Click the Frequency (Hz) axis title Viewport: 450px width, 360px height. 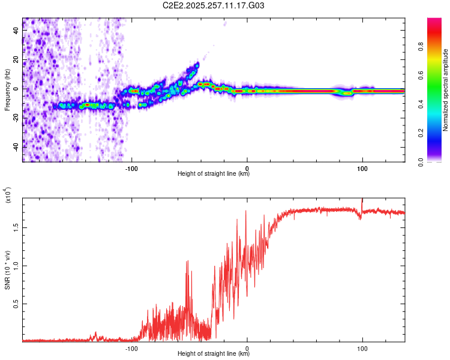7,89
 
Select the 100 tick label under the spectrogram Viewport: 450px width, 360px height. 362,168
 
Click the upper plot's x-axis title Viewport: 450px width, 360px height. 214,175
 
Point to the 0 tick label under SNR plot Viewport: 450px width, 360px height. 247,348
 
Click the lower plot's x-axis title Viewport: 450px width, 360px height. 214,355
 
